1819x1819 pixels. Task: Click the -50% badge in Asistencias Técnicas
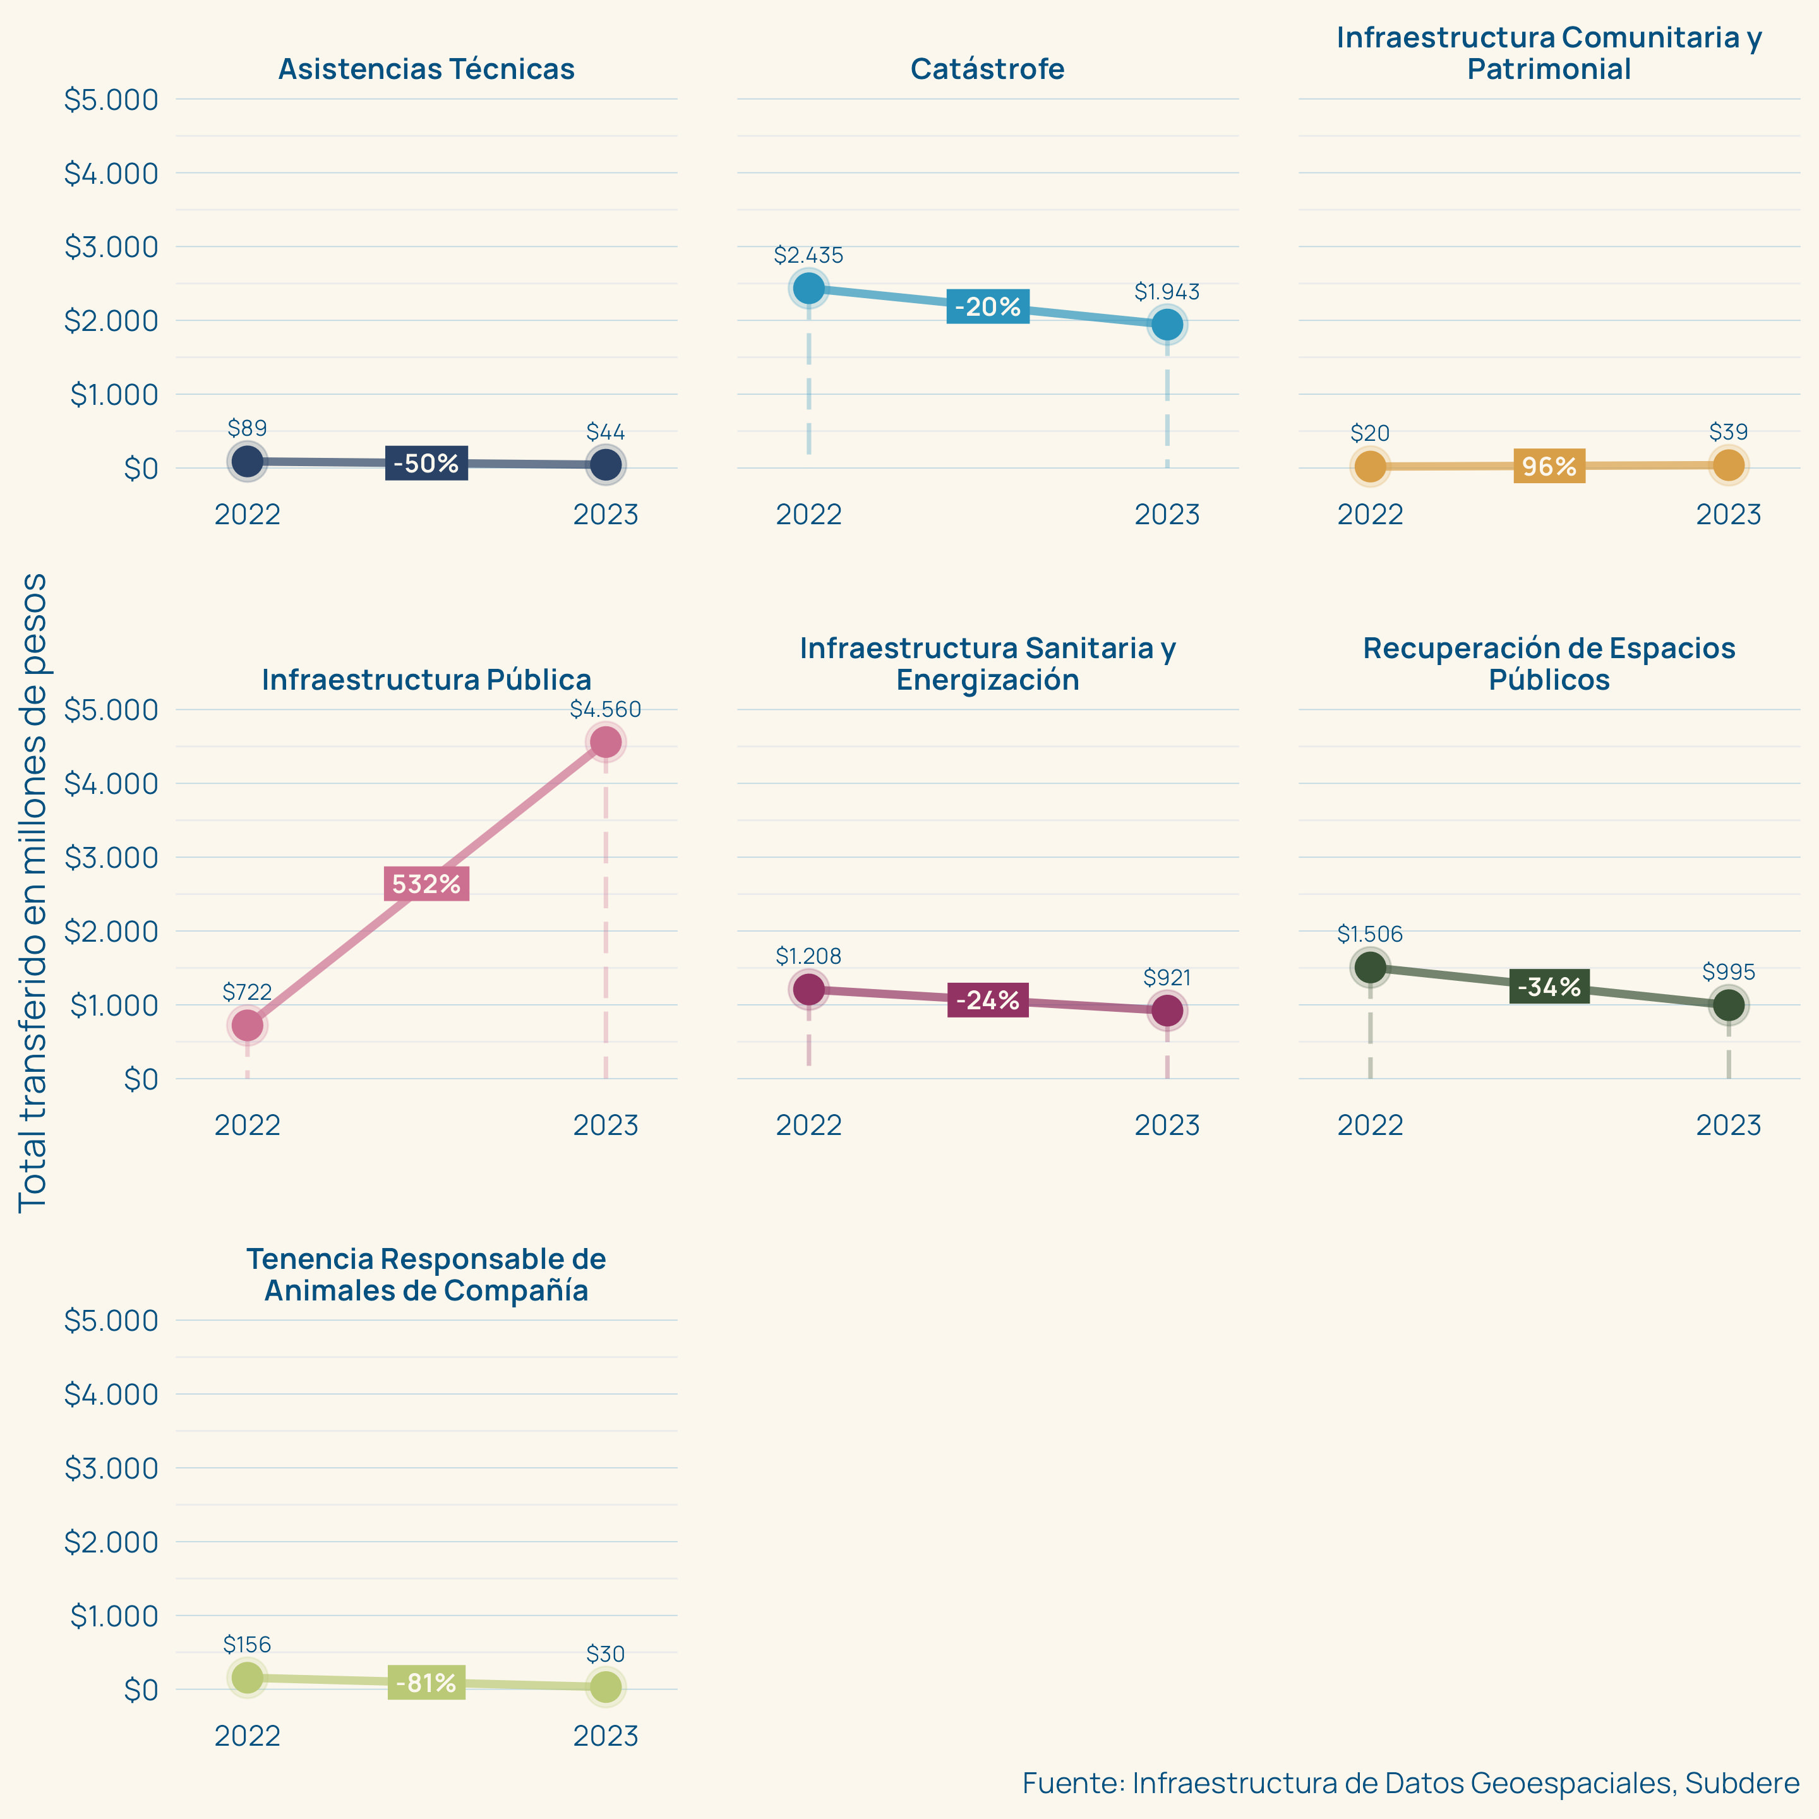(426, 463)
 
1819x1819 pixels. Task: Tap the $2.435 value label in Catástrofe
(808, 255)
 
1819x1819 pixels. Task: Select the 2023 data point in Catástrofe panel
(1167, 325)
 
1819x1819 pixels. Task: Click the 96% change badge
(1549, 466)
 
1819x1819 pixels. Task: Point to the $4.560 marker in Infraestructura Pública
(606, 742)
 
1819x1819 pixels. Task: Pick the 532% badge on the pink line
(426, 884)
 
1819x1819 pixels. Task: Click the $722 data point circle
(247, 1025)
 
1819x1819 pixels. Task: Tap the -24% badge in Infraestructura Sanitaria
(988, 1000)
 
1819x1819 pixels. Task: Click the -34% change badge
(1549, 987)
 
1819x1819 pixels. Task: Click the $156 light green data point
(247, 1677)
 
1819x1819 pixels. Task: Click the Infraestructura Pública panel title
(426, 680)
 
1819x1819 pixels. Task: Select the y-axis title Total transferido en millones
(33, 892)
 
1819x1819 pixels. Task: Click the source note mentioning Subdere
(1410, 1782)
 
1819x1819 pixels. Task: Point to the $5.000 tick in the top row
(111, 100)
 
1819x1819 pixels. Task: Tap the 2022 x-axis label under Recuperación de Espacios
(1370, 1125)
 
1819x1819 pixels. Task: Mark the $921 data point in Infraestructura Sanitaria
(1167, 1011)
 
